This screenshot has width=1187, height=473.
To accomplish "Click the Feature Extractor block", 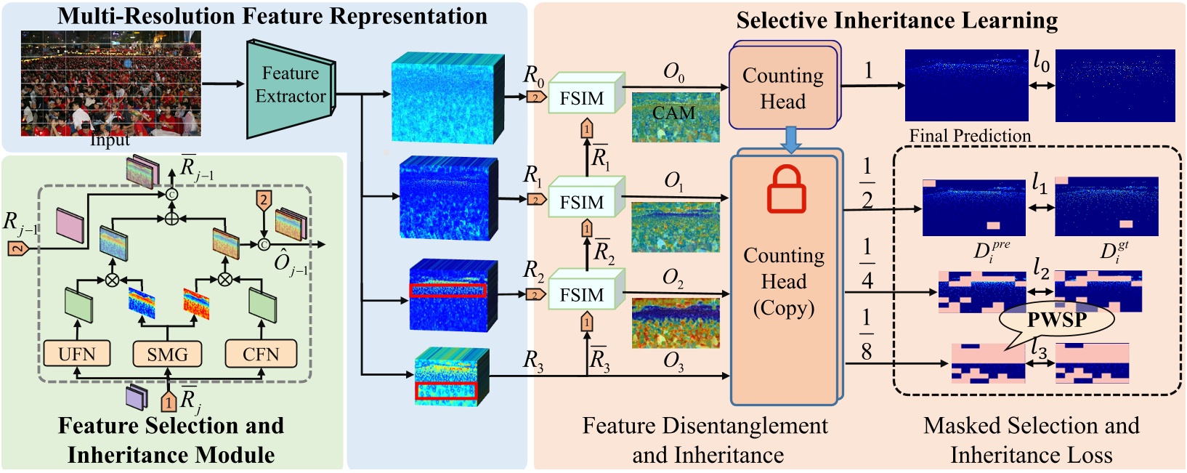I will [x=290, y=86].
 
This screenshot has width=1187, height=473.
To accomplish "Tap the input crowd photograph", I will [x=110, y=83].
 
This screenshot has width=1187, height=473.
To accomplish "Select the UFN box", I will [x=76, y=354].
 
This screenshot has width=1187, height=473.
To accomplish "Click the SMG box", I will [x=167, y=354].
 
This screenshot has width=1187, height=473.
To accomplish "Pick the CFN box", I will [x=261, y=354].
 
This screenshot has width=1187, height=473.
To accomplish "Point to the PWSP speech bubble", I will [x=1056, y=320].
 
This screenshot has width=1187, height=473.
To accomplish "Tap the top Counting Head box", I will [x=783, y=88].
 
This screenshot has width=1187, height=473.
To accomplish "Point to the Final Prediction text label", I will [x=970, y=136].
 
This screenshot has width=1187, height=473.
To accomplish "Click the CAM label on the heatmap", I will [x=673, y=113].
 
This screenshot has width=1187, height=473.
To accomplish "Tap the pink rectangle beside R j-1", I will [x=70, y=225].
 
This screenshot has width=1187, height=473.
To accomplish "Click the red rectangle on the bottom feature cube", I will [x=445, y=391].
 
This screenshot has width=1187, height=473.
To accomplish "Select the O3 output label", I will [x=673, y=361].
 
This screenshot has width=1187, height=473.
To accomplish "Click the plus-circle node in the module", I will [x=171, y=219].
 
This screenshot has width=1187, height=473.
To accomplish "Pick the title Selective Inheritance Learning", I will [x=896, y=20].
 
